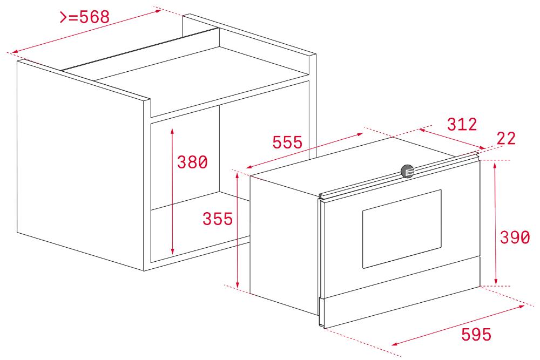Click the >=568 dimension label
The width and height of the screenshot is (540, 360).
point(85,17)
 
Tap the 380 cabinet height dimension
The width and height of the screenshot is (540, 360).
point(192,162)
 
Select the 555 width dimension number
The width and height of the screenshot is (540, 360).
point(287,142)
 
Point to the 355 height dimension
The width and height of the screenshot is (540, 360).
point(218,219)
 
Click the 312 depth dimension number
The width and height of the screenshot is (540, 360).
point(462,124)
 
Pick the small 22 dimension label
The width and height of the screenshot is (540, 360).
point(507,138)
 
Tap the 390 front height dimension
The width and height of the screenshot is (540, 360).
point(515,237)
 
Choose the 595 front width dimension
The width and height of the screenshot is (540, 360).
point(476,334)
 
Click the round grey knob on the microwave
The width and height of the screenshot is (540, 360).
point(407,171)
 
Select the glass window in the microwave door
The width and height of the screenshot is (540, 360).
point(402,229)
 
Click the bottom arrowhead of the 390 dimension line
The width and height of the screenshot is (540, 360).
point(496,282)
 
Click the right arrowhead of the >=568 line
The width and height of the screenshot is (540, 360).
point(158,11)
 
